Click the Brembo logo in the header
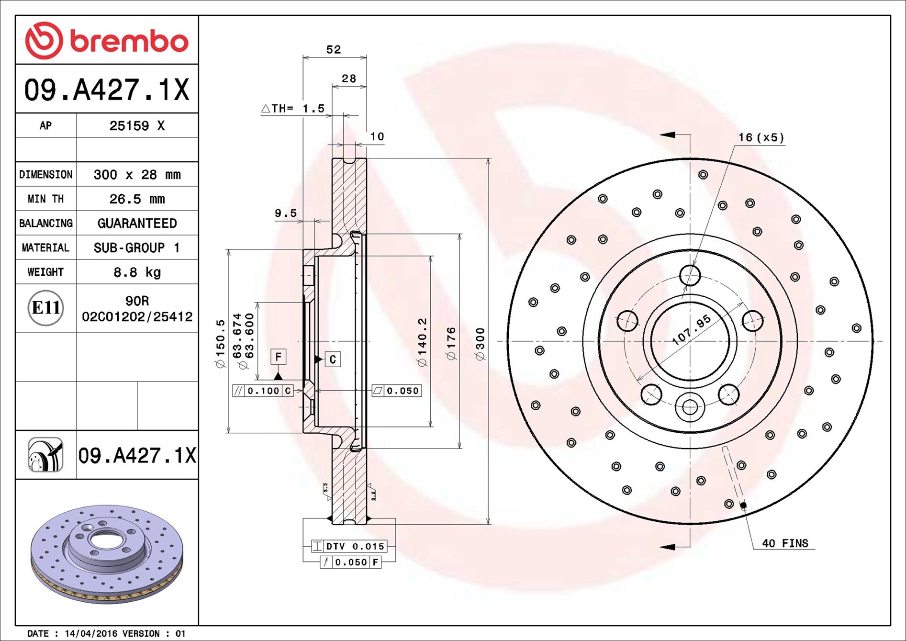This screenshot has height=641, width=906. pos(107,40)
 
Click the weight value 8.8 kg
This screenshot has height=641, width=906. pos(137,272)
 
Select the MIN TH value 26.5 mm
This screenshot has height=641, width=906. pos(137,199)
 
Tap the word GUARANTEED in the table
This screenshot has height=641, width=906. pos(137,223)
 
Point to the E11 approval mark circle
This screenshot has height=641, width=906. pos(46,308)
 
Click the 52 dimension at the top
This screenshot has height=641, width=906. pos(334,49)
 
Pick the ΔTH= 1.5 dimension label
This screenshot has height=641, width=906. pos(293,109)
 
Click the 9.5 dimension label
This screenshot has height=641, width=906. pos(286,213)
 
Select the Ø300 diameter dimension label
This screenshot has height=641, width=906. pos(480,344)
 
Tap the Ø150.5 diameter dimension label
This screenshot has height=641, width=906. pos(220,344)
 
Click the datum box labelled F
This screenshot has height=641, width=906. pos(279,357)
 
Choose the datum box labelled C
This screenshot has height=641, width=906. pos(333,359)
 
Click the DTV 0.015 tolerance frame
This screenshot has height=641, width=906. pos(349,546)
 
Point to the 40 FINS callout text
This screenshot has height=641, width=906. pos(785,543)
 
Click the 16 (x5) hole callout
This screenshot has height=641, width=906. pos(761,138)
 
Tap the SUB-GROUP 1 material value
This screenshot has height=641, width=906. pos(137,247)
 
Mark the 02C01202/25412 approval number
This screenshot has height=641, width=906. pos(137,316)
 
